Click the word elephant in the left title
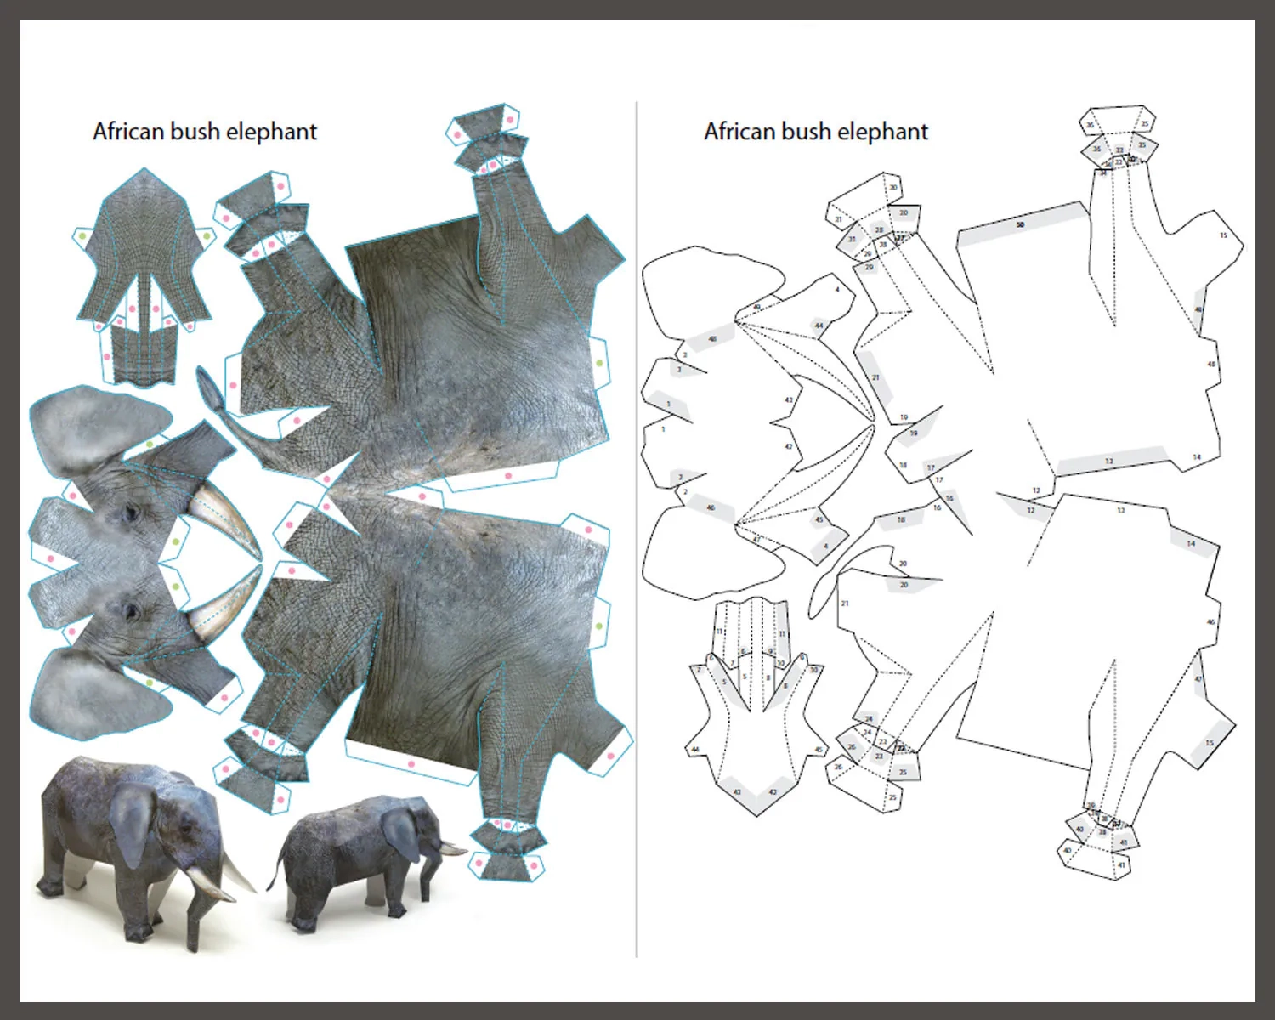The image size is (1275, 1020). (271, 132)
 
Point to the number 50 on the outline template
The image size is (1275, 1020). (1020, 225)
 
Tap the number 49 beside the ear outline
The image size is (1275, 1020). (756, 307)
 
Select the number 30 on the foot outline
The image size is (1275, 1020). (893, 188)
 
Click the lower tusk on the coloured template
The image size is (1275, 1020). (223, 603)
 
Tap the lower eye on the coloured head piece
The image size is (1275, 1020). (130, 609)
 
